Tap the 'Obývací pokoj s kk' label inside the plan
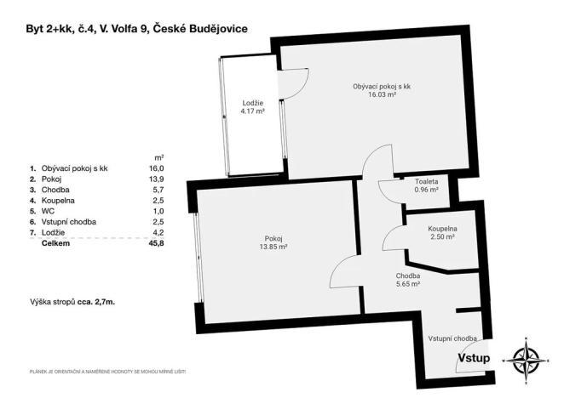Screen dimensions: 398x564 383,86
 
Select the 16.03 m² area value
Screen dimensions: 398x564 383,95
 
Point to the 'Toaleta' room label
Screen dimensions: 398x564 427,181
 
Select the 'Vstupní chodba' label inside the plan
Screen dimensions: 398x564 452,338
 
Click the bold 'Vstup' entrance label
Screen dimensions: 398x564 474,358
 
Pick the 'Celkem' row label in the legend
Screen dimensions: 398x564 55,243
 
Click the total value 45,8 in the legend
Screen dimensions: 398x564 156,243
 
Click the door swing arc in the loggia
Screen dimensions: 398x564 294,82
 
